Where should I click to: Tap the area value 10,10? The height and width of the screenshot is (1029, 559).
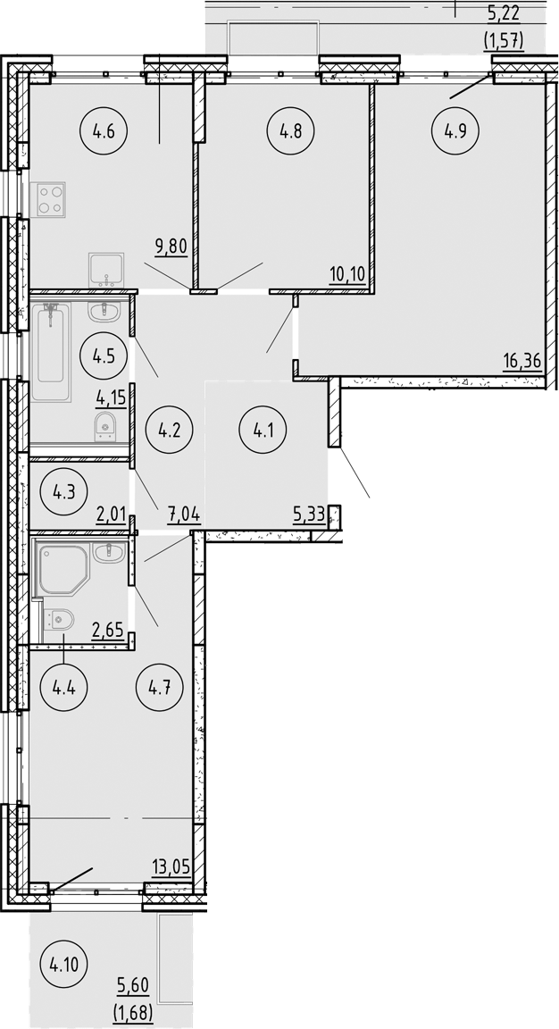coord(347,272)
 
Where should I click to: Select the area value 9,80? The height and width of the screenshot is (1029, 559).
coord(170,245)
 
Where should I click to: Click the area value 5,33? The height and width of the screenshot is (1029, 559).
coord(308,514)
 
